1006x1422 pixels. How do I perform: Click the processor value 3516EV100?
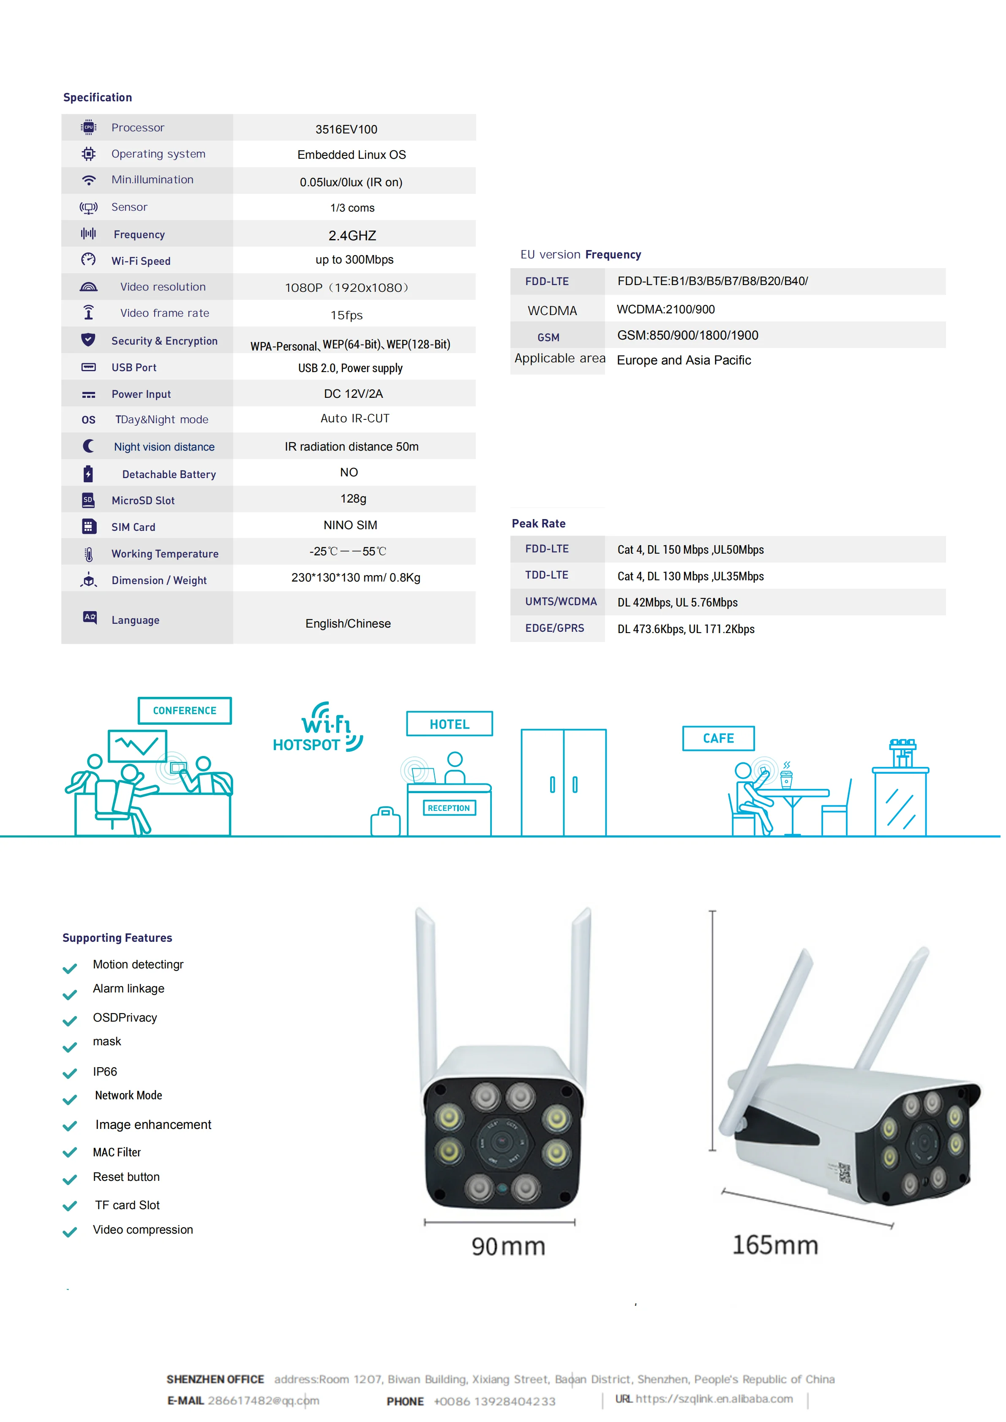click(x=346, y=129)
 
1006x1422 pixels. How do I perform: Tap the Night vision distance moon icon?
click(x=89, y=446)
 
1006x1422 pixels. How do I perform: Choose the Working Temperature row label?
click(x=165, y=554)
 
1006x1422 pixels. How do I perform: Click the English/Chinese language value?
click(x=348, y=624)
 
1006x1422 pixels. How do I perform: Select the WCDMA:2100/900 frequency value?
click(x=665, y=309)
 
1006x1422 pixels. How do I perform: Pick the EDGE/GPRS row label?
click(x=554, y=628)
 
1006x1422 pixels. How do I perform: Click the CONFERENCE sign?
click(x=185, y=710)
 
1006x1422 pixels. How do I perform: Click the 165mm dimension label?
click(x=775, y=1245)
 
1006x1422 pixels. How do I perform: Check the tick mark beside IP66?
click(x=70, y=1073)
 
